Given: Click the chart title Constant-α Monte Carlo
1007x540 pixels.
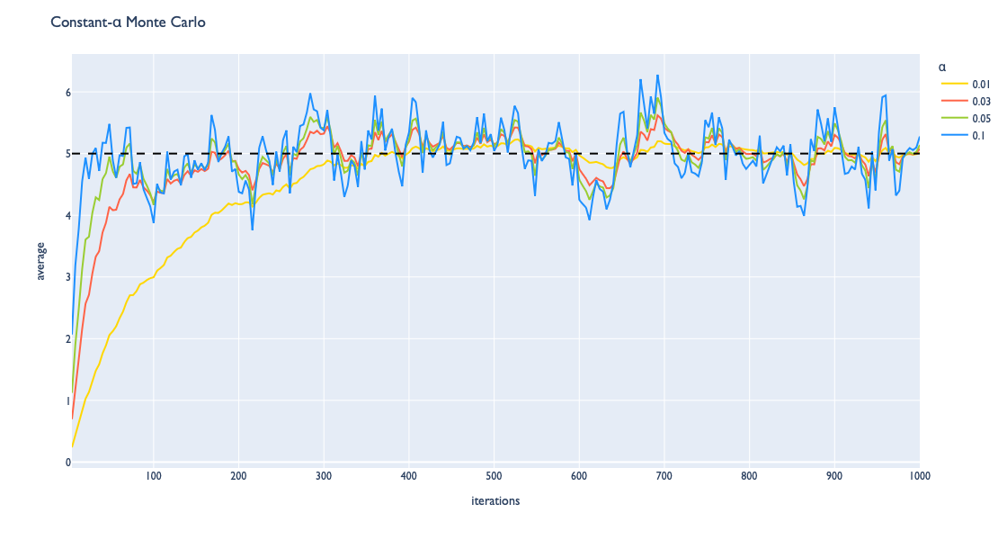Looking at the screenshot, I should [x=128, y=22].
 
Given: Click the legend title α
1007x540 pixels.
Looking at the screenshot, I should [x=941, y=67].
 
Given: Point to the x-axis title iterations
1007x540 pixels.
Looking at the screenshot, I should [x=495, y=501].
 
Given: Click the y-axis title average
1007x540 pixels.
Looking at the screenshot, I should [x=40, y=260].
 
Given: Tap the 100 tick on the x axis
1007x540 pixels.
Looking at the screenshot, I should [x=153, y=476].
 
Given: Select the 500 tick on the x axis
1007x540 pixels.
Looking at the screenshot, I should [x=494, y=476].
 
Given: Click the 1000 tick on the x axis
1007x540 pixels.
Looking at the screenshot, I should [x=918, y=476].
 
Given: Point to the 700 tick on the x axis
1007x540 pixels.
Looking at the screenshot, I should [x=664, y=476].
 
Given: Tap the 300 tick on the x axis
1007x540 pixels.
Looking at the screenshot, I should [x=324, y=476].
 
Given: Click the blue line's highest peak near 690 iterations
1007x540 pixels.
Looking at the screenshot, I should [x=657, y=76].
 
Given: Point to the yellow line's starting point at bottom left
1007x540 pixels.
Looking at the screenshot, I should [x=72, y=447].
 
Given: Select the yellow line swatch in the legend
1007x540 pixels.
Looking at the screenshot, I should [x=951, y=83].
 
